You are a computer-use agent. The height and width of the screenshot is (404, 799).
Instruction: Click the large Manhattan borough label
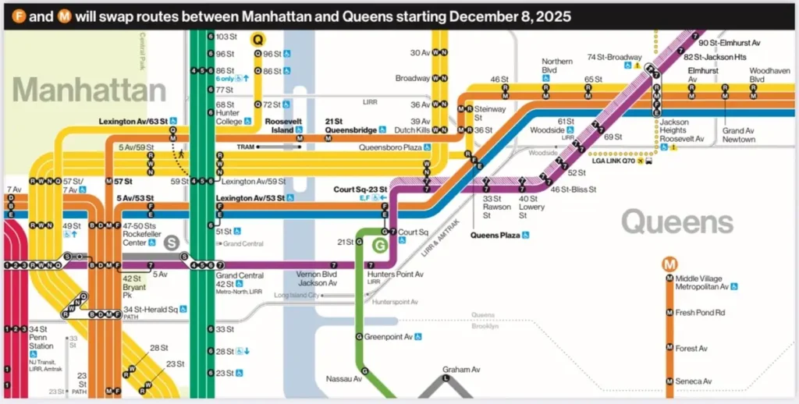tap(89, 90)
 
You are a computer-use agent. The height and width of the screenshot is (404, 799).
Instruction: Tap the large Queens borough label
tap(677, 223)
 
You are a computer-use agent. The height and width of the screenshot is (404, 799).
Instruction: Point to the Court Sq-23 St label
tap(360, 189)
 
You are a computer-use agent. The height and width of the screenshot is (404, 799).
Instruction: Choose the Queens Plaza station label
tap(495, 235)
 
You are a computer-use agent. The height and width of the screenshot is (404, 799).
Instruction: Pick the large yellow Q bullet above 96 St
tap(258, 38)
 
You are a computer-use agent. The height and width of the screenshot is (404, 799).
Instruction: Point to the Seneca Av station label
tap(694, 381)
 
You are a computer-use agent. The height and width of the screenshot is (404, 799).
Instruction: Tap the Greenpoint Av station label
tap(389, 337)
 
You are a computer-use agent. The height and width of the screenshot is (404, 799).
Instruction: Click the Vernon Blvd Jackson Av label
tap(316, 278)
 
